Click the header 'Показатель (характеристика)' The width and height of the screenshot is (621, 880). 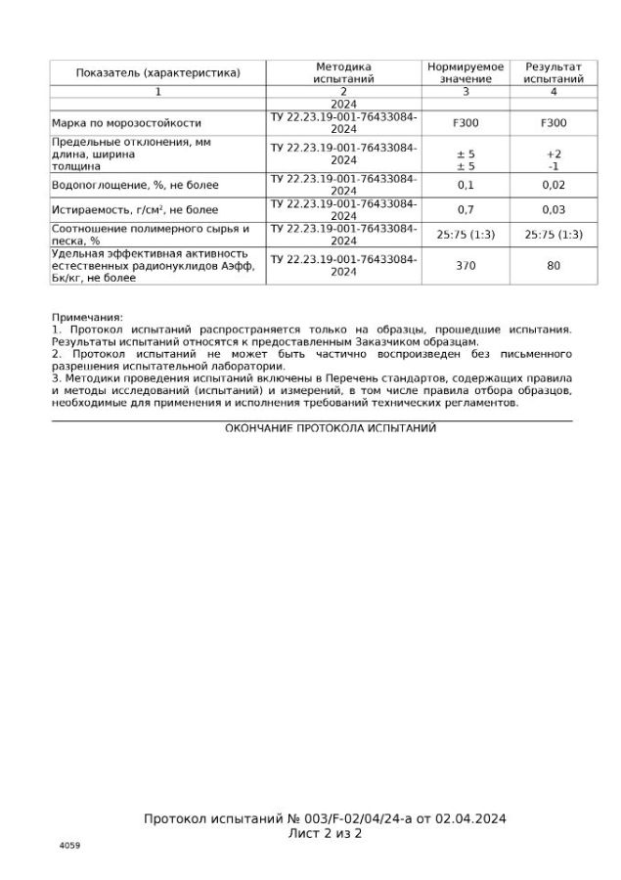click(x=157, y=73)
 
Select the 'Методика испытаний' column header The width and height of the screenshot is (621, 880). click(x=343, y=73)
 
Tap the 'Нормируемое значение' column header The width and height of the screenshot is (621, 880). click(x=466, y=73)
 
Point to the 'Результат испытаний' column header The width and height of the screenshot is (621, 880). click(x=554, y=73)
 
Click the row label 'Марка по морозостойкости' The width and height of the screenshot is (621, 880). click(x=126, y=124)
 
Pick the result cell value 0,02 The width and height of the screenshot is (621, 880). click(x=554, y=185)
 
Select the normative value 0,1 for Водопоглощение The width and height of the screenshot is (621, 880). click(x=466, y=185)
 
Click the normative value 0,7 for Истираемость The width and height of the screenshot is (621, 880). click(x=466, y=209)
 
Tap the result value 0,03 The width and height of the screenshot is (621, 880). click(x=554, y=209)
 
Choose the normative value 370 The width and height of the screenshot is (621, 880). click(x=466, y=265)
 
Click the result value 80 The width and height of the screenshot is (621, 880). click(x=554, y=265)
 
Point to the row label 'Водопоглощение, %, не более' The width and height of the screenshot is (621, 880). click(x=135, y=185)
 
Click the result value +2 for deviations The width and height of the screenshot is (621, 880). click(x=554, y=154)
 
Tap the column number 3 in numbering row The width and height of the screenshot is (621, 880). click(x=466, y=91)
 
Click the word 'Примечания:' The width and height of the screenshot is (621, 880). click(x=87, y=318)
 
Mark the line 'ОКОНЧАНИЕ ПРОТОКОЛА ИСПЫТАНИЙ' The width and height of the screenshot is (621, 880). click(x=331, y=428)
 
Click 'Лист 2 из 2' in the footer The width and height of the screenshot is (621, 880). click(x=325, y=834)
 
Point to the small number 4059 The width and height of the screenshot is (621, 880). click(x=69, y=845)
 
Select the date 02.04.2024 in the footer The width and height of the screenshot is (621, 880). click(x=470, y=819)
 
